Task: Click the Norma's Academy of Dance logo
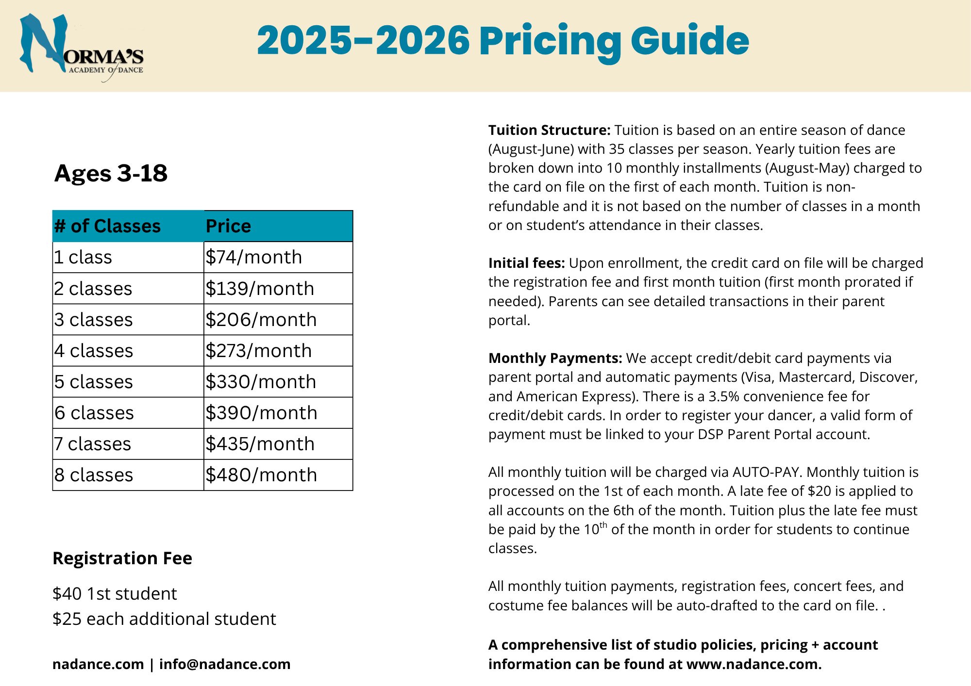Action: pos(81,48)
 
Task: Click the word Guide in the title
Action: pos(689,41)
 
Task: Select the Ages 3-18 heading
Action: pos(111,173)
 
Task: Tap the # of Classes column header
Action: pos(107,226)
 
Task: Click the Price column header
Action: pos(228,226)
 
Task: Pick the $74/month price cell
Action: pos(253,257)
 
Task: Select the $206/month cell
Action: pos(261,320)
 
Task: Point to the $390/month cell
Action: pos(261,413)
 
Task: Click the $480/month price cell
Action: pos(261,475)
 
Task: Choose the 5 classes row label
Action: pos(94,382)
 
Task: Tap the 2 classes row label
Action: pos(93,289)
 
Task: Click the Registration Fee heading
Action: pos(122,558)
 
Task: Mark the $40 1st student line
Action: pos(115,594)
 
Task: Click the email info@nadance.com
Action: pos(225,664)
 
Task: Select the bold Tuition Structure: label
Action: pos(549,130)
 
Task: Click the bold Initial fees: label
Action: pos(526,263)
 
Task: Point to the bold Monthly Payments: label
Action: pos(555,358)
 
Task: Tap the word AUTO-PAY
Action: pos(767,472)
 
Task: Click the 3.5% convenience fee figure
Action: pos(723,396)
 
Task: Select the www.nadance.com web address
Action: pos(753,664)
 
